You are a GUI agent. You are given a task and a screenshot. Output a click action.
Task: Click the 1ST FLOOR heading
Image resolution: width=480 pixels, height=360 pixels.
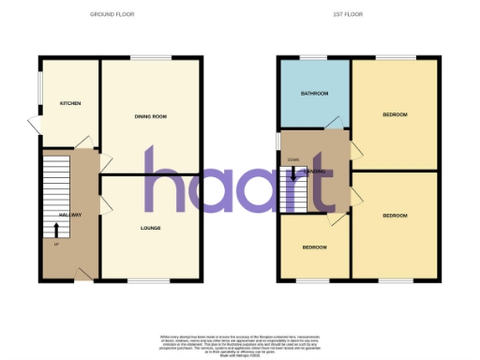pos(348,15)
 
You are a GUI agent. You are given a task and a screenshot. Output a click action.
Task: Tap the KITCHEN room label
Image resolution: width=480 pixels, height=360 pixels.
pos(68,103)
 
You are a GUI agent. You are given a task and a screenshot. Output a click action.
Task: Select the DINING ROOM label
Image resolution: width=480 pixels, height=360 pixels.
pos(150,116)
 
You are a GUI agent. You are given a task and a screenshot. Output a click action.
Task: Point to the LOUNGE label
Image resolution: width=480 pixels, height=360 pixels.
pos(150,228)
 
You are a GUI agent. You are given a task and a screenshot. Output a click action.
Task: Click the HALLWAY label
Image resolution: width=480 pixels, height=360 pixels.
pos(71,215)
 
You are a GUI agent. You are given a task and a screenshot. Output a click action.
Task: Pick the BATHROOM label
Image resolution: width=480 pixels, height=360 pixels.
pos(313,94)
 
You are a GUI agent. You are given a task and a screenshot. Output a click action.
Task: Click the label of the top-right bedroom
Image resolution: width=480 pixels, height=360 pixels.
pos(395,114)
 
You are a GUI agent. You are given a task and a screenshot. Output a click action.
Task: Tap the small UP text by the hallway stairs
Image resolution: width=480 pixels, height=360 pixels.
pos(56,246)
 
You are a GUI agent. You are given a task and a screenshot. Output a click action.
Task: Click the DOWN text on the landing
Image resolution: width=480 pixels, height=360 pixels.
pos(293,160)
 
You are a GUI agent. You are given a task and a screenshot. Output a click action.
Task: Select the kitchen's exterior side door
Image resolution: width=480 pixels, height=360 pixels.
pos(35,126)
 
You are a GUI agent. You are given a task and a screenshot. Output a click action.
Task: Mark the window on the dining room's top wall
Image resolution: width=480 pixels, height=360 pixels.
pos(144,58)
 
